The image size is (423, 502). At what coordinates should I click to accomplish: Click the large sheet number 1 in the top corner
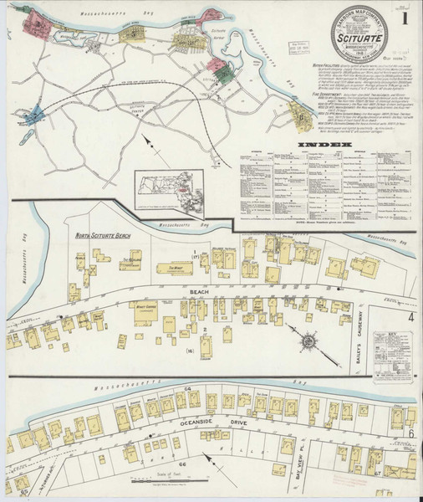click(x=405, y=17)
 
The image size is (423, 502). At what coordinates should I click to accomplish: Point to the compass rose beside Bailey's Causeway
click(x=309, y=341)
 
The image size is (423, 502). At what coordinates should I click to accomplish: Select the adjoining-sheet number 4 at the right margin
click(x=410, y=318)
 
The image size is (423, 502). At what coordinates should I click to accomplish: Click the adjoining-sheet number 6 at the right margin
click(x=411, y=435)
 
